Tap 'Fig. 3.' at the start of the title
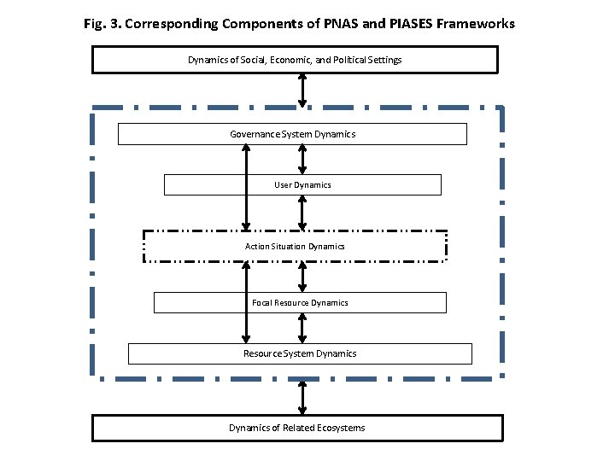(x=102, y=24)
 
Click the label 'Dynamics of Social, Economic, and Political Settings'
(x=295, y=60)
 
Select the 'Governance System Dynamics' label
(x=292, y=134)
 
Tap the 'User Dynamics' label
(x=302, y=184)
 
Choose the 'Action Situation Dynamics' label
(x=295, y=246)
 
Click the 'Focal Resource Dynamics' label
(x=300, y=302)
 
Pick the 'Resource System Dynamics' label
(x=300, y=353)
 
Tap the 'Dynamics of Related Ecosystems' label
(x=296, y=428)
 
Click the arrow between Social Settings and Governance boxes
(x=302, y=90)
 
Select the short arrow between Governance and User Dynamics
(x=302, y=160)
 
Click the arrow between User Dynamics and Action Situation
(x=302, y=213)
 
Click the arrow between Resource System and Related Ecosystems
(x=302, y=396)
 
